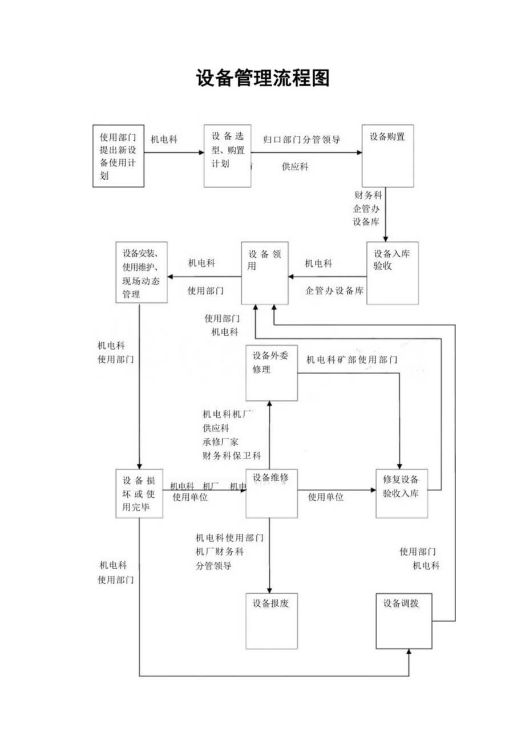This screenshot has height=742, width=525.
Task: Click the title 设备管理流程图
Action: tap(262, 78)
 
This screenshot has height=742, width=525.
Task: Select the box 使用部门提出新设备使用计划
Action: tap(118, 156)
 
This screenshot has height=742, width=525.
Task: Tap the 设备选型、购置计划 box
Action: tap(228, 156)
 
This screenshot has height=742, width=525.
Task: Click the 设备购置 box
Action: tap(387, 155)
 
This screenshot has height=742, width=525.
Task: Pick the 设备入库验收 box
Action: tap(393, 273)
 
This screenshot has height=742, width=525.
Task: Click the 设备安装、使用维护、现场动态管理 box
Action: tap(141, 273)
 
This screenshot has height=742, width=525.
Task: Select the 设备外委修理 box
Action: tap(271, 373)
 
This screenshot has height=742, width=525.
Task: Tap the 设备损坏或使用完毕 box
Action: tap(139, 493)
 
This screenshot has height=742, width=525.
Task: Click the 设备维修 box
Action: tap(271, 493)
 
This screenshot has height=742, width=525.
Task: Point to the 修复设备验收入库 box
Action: tap(401, 493)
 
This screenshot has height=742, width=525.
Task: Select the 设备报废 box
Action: tap(271, 621)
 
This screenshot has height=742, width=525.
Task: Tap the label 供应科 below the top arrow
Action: tap(295, 167)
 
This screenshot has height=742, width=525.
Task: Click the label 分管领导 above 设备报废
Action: tap(213, 566)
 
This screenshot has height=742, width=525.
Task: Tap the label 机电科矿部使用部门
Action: tap(352, 360)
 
